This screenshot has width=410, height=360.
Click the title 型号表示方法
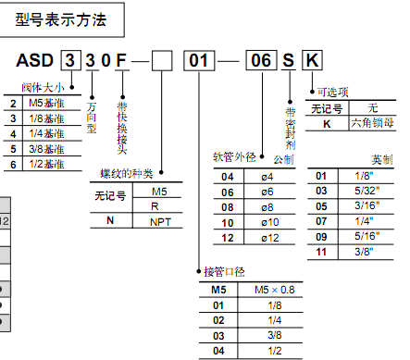(61, 20)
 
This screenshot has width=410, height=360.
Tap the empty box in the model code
(162, 61)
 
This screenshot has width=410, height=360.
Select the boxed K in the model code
(312, 60)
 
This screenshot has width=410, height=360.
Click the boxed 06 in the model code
(261, 60)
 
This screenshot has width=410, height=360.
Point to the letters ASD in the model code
(34, 60)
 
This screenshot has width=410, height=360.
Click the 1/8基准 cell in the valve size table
(46, 118)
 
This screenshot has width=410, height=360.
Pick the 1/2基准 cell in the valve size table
(46, 164)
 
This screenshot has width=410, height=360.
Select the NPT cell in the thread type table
(160, 222)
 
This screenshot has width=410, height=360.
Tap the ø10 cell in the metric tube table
(270, 222)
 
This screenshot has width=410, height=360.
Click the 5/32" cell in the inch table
(367, 191)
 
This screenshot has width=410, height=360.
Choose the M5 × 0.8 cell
(275, 290)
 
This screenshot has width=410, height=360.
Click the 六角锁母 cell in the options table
(372, 123)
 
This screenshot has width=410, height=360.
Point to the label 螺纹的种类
(127, 173)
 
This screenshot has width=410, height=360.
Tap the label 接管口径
(224, 272)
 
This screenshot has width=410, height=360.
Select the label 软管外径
(234, 157)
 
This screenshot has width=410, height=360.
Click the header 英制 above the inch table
(382, 160)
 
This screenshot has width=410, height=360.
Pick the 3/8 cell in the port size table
(275, 335)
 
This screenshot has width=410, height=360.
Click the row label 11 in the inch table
(321, 252)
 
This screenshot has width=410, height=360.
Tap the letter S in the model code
(289, 60)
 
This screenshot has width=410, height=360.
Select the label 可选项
(333, 92)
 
